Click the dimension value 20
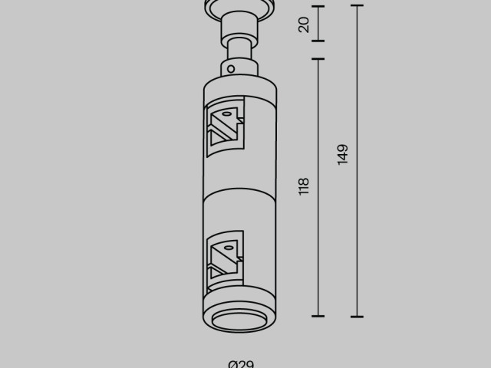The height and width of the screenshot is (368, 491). click(x=304, y=24)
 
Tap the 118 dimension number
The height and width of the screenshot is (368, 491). click(x=304, y=186)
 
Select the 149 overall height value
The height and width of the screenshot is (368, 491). click(x=342, y=153)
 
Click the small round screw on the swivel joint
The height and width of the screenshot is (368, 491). click(x=229, y=68)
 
